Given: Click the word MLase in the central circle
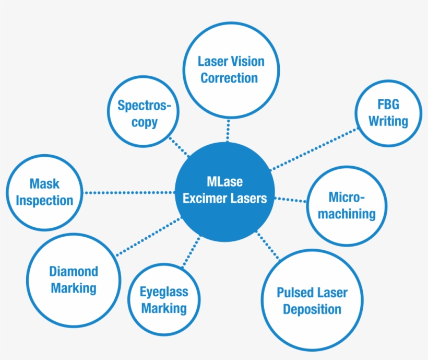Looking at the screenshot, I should coord(224,183).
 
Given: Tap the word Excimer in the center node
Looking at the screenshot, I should coord(205,199).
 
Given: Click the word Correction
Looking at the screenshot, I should coord(229,78).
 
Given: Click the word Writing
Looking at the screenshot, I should coord(388,121).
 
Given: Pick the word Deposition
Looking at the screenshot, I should coord(312,309).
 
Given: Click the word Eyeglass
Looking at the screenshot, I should coord(163,292).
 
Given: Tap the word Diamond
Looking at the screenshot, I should coord(74,271).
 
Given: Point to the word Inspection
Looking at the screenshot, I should coord(44,201).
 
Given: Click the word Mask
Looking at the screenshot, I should coord(44,184).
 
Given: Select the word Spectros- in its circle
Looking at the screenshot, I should coord(144,106).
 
